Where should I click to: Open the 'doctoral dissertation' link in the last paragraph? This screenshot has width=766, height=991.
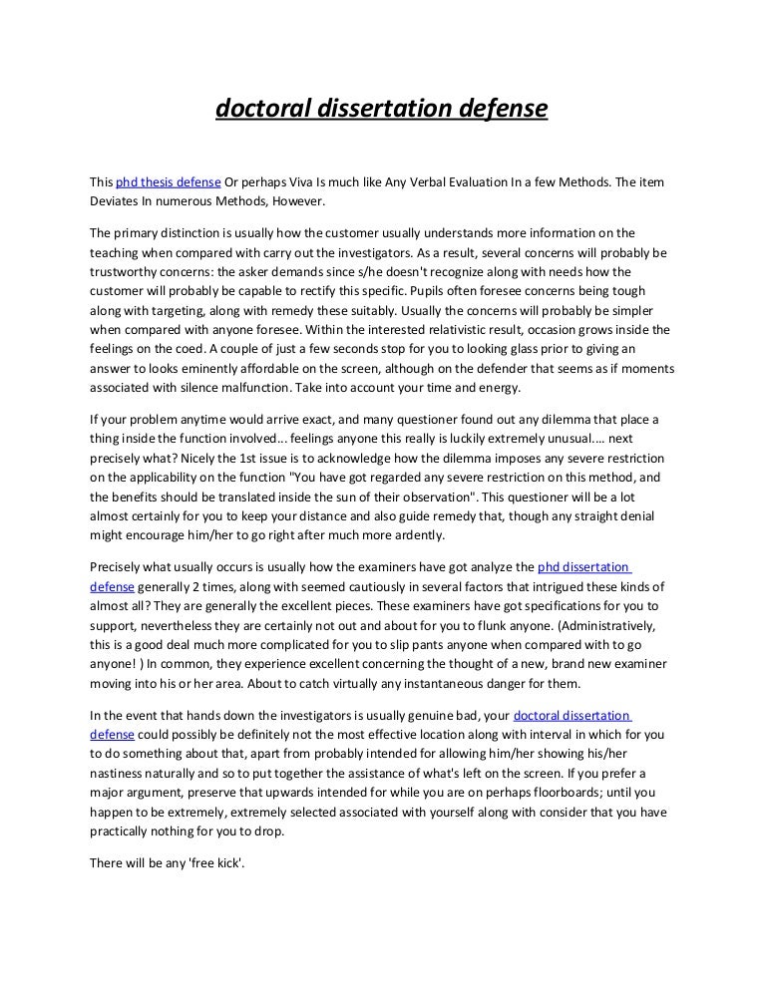[571, 716]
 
